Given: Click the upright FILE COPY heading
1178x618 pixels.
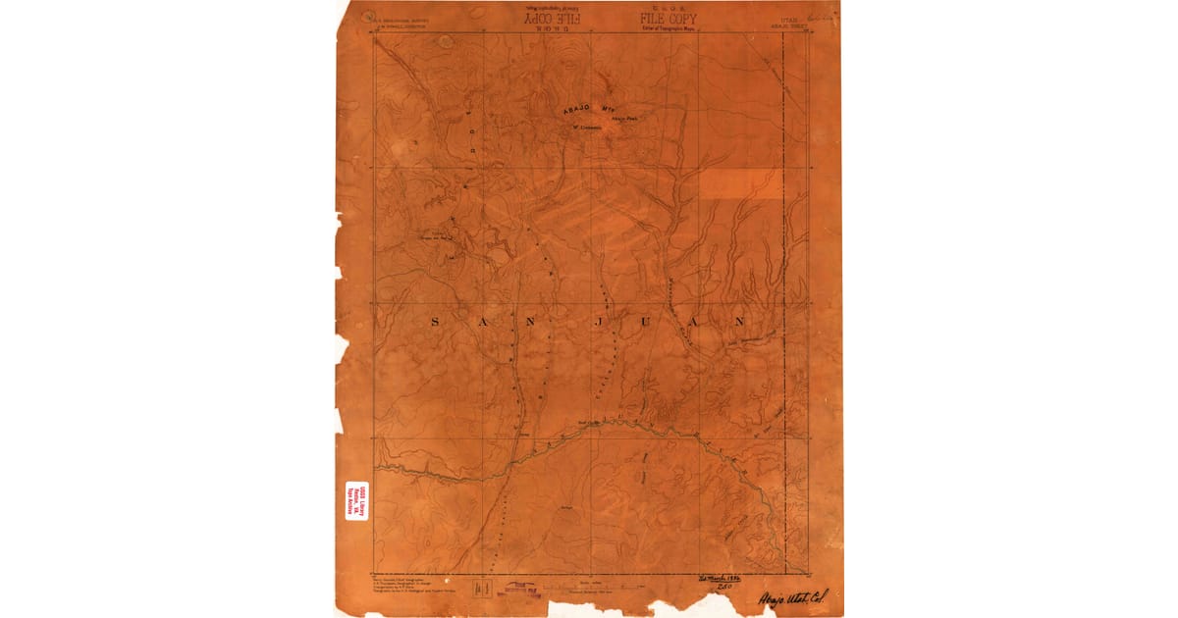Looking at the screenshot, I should pyautogui.click(x=670, y=18).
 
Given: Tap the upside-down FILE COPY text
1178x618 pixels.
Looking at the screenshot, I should pyautogui.click(x=551, y=18).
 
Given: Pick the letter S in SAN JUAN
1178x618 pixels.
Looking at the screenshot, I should pyautogui.click(x=436, y=321).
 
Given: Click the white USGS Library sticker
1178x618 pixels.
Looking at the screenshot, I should pyautogui.click(x=355, y=501).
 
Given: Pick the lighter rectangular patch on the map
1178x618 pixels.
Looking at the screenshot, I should pyautogui.click(x=741, y=184).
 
